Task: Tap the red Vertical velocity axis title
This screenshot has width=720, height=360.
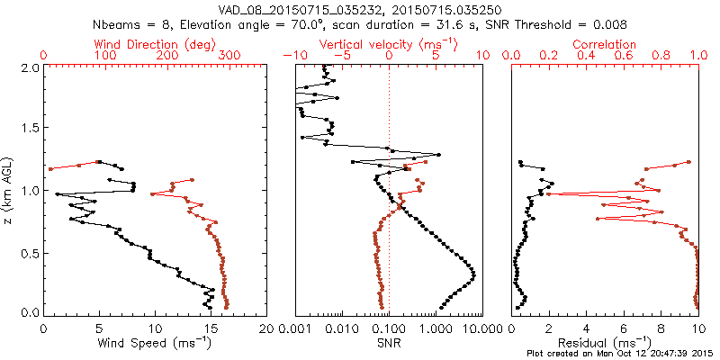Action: point(389,44)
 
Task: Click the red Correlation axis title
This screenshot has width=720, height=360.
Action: point(605,44)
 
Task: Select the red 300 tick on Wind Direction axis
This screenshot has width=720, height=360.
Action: point(229,56)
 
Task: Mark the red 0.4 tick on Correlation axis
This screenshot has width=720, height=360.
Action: point(586,56)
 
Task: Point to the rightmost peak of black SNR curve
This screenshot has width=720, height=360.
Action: point(473,272)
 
